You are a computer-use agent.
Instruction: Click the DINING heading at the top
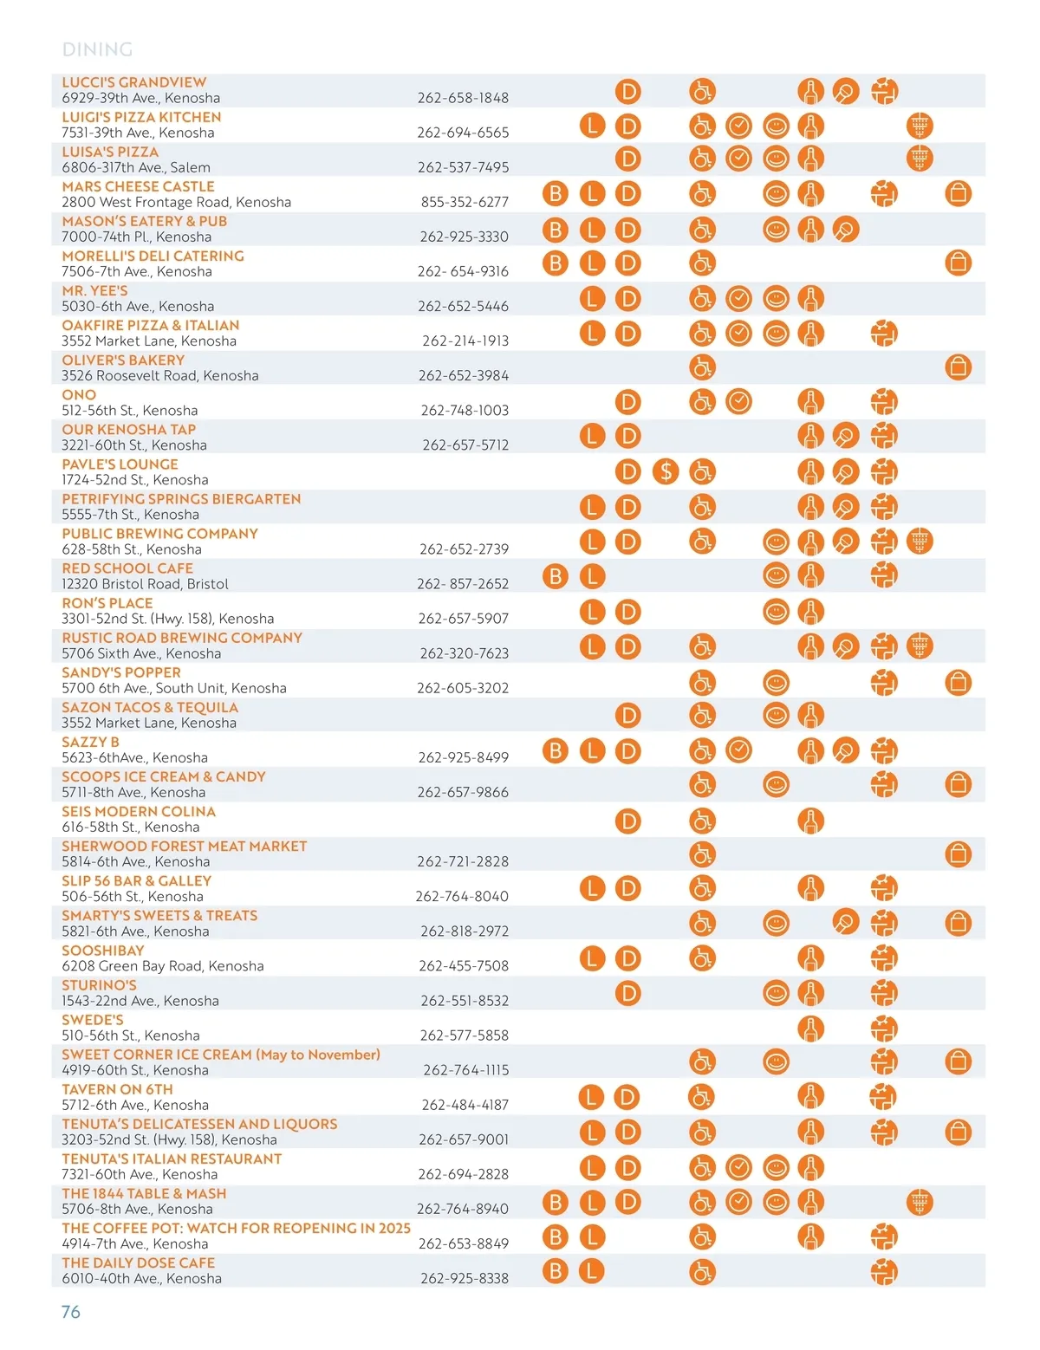pyautogui.click(x=97, y=49)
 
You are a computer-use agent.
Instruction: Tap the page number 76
pyautogui.click(x=71, y=1312)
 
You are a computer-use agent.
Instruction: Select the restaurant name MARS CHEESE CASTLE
pyautogui.click(x=138, y=186)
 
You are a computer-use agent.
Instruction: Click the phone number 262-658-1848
pyautogui.click(x=463, y=98)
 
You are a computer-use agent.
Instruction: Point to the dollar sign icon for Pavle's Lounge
pyautogui.click(x=666, y=471)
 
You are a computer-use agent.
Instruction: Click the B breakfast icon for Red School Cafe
pyautogui.click(x=556, y=576)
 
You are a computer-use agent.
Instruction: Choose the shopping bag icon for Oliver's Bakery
pyautogui.click(x=958, y=367)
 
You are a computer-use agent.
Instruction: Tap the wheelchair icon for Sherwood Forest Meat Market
pyautogui.click(x=702, y=854)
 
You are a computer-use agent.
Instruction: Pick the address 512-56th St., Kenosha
pyautogui.click(x=129, y=410)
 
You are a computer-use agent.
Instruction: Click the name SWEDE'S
pyautogui.click(x=93, y=1020)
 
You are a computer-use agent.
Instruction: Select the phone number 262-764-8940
pyautogui.click(x=463, y=1209)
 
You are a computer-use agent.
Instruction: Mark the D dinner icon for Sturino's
pyautogui.click(x=627, y=993)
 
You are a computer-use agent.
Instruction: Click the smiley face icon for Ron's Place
pyautogui.click(x=776, y=612)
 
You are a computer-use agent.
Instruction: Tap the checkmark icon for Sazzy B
pyautogui.click(x=738, y=750)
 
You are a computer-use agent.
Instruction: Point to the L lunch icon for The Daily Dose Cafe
pyautogui.click(x=592, y=1271)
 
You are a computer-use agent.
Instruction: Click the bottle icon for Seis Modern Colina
pyautogui.click(x=810, y=820)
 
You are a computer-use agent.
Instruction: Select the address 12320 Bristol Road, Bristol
pyautogui.click(x=145, y=584)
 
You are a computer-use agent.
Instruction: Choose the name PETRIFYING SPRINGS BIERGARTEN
pyautogui.click(x=181, y=499)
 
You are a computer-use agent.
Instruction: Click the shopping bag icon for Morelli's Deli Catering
pyautogui.click(x=958, y=263)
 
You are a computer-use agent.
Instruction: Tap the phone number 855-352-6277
pyautogui.click(x=465, y=202)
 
